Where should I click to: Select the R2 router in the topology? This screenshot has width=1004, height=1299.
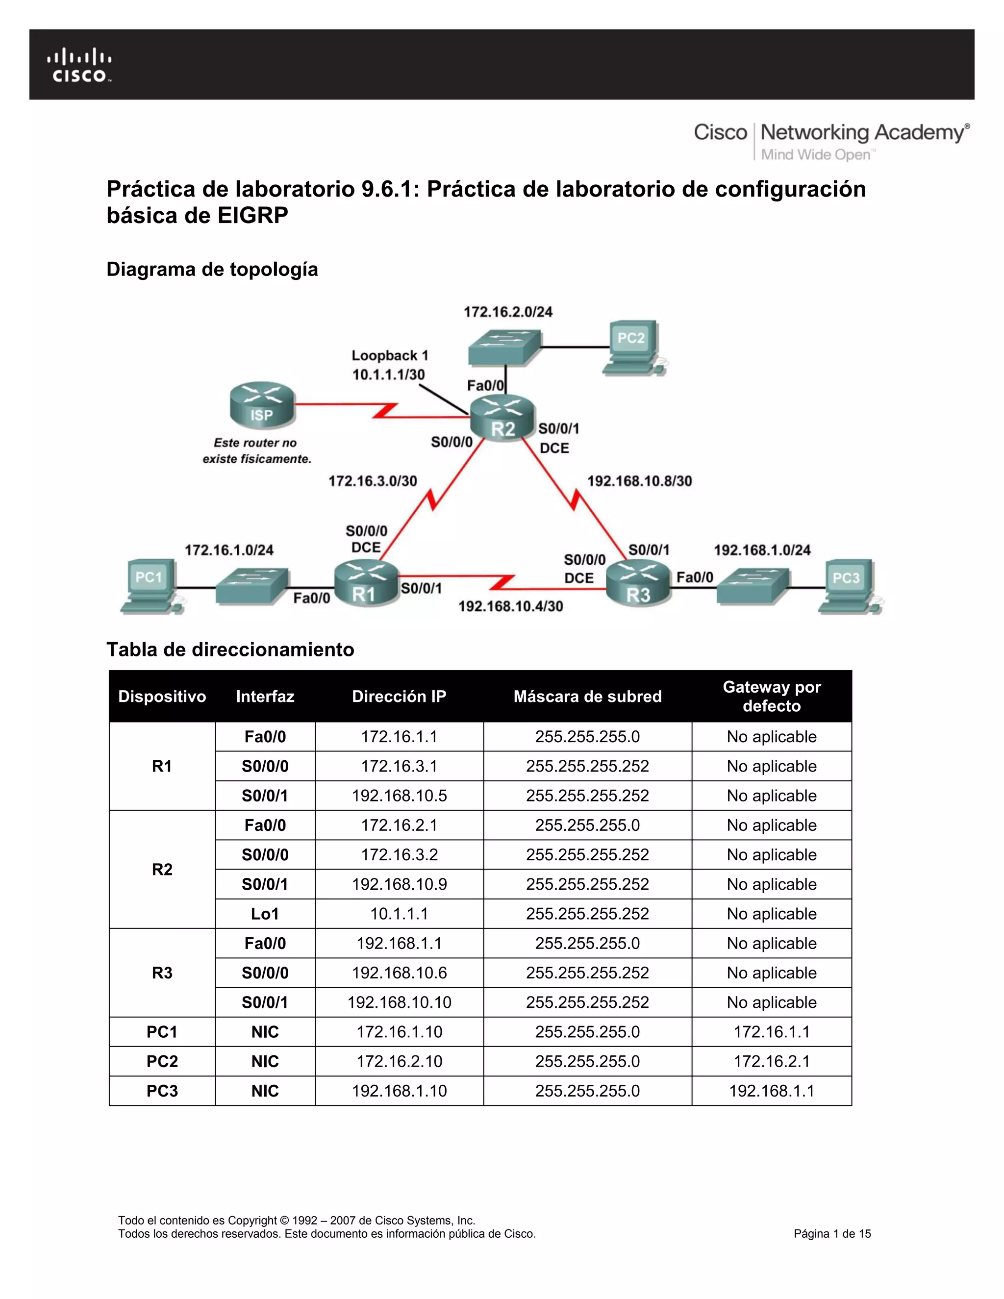pos(502,418)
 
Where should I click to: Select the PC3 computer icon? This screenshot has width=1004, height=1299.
pos(848,586)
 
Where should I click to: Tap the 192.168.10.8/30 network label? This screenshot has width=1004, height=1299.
pos(639,481)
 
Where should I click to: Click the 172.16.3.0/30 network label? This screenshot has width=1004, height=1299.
pos(373,481)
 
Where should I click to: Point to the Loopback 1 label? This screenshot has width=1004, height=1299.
pos(390,356)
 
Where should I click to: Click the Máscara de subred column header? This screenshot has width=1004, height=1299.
pos(587,697)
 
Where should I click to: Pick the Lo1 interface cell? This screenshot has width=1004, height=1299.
pos(265,914)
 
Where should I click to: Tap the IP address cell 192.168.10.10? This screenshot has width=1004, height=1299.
pos(399,1002)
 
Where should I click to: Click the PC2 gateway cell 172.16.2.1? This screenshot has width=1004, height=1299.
pos(772,1061)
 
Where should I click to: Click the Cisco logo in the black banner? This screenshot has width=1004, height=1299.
pos(79,65)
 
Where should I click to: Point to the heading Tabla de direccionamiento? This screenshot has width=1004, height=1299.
pos(230,649)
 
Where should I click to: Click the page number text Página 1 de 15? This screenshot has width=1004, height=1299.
pos(831,1234)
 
